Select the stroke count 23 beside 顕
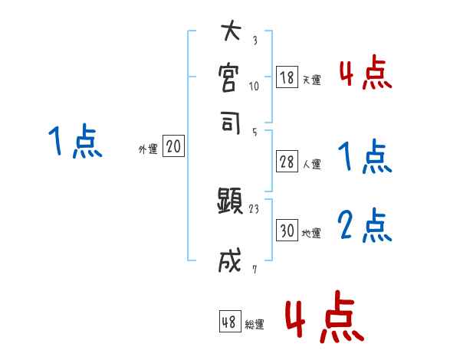pyautogui.click(x=255, y=208)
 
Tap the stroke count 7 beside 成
pyautogui.click(x=254, y=267)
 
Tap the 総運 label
pyautogui.click(x=254, y=325)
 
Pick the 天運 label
pyautogui.click(x=311, y=80)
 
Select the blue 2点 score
pyautogui.click(x=365, y=226)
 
